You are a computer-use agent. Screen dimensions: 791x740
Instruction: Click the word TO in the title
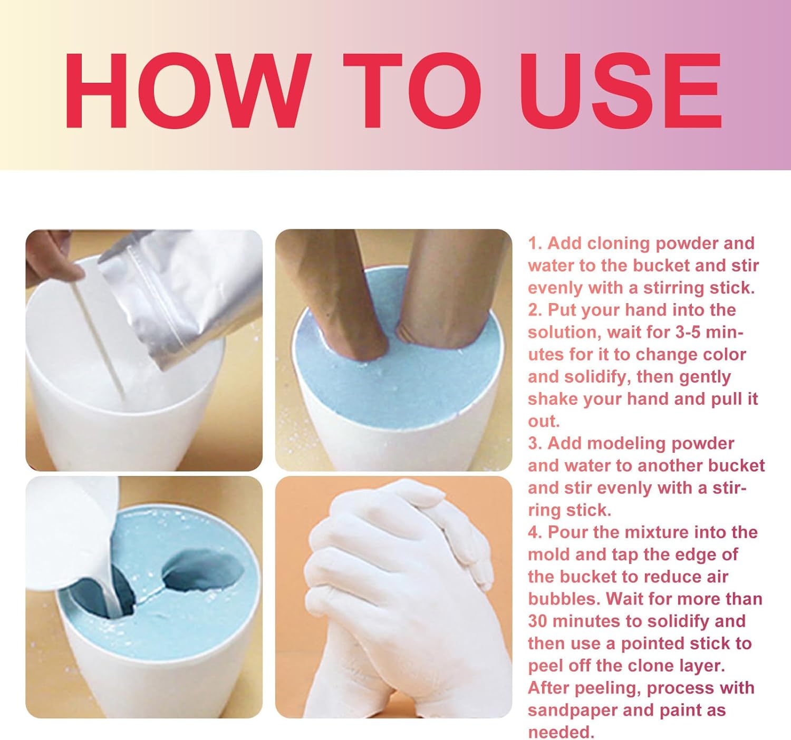coord(412,91)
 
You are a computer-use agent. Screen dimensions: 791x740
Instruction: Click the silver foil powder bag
coord(179,295)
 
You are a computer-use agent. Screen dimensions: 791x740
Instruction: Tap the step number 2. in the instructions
coord(536,310)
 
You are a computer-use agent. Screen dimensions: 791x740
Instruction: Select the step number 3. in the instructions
coord(536,443)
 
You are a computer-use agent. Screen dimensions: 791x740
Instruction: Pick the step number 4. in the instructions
coord(536,532)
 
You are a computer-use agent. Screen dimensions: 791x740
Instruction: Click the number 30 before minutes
coord(538,621)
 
